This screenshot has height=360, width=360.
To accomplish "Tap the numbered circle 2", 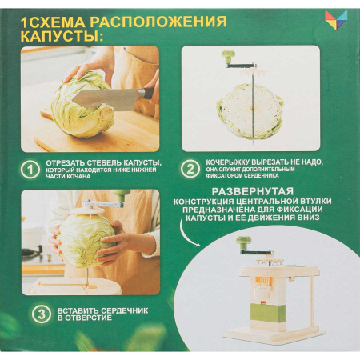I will (190, 170).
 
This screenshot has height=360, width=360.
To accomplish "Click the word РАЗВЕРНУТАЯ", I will (248, 191).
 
